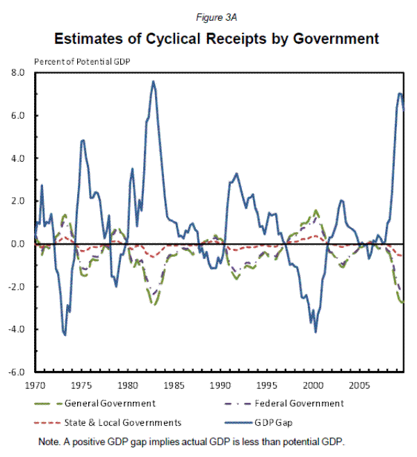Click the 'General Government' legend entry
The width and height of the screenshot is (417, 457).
point(109,403)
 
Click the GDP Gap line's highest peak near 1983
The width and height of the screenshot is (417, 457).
point(153,81)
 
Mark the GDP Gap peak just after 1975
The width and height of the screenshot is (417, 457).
point(83,140)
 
